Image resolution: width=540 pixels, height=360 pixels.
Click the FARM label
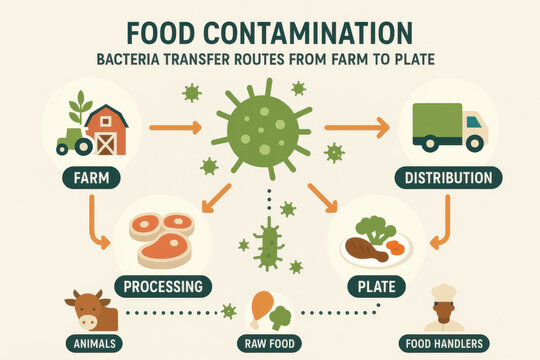[x=91, y=178]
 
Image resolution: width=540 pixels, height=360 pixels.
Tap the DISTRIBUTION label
[x=448, y=178]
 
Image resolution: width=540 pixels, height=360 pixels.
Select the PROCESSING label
[x=163, y=287]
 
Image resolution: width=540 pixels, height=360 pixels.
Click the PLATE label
[x=376, y=287]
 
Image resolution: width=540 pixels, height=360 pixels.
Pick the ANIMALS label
[x=94, y=343]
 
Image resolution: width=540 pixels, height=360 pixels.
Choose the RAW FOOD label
[x=269, y=343]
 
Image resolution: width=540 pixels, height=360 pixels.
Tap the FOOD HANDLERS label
[x=444, y=343]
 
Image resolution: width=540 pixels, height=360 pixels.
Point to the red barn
[x=107, y=130]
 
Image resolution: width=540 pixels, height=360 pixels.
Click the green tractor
[x=74, y=142]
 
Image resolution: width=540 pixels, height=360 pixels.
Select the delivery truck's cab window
[x=474, y=122]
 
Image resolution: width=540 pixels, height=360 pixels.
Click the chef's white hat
[x=444, y=293]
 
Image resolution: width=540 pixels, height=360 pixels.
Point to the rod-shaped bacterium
[x=269, y=244]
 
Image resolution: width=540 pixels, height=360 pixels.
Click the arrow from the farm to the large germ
[x=175, y=128]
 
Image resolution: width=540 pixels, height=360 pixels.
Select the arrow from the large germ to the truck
[x=357, y=128]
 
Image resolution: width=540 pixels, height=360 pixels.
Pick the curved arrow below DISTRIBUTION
[x=446, y=224]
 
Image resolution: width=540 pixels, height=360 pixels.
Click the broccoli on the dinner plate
[x=375, y=229]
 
